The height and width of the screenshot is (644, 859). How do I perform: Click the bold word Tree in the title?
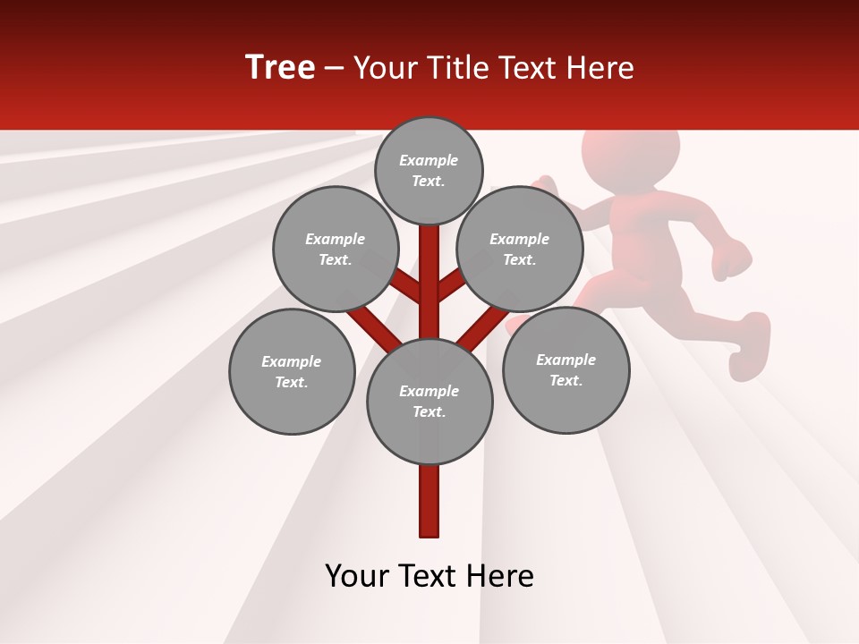(x=280, y=68)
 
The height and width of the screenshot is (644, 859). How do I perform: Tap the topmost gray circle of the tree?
(x=429, y=170)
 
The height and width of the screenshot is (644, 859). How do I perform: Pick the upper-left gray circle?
(x=335, y=249)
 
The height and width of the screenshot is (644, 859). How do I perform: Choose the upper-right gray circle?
(x=519, y=249)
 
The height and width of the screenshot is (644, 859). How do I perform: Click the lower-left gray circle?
(x=291, y=371)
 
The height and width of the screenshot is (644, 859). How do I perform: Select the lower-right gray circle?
(x=566, y=369)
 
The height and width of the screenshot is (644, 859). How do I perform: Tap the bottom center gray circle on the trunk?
(x=429, y=401)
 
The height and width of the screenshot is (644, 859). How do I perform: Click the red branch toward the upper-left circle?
(x=408, y=288)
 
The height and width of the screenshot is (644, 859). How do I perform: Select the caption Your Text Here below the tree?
(x=429, y=576)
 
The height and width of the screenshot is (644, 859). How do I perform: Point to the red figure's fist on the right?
(x=734, y=259)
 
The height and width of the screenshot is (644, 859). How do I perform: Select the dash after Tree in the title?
(x=335, y=69)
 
